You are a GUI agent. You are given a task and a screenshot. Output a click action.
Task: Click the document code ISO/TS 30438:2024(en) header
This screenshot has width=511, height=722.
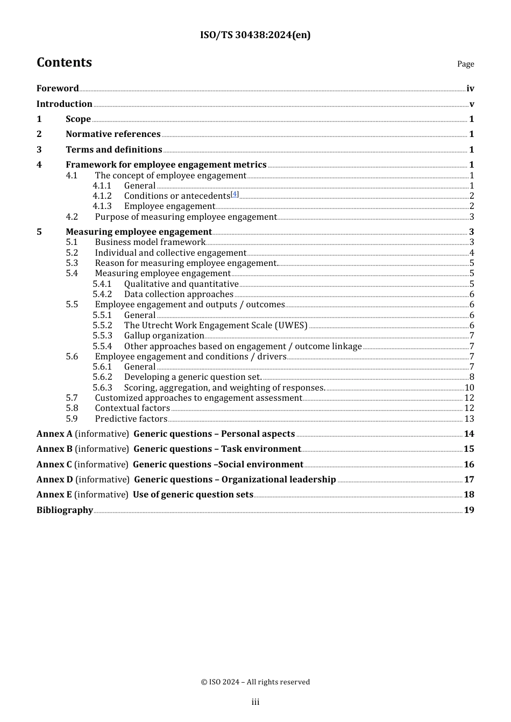coord(255,35)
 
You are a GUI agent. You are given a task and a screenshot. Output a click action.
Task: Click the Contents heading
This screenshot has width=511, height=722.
coord(64,62)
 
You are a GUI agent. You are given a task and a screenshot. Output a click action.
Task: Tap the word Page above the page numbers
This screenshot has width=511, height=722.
coord(465,64)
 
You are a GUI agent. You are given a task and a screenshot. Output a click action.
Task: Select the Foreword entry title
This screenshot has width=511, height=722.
coord(58,89)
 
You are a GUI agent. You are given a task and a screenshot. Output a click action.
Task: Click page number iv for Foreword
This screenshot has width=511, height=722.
coord(470,89)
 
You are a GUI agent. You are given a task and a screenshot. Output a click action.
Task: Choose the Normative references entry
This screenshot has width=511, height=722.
coord(113,134)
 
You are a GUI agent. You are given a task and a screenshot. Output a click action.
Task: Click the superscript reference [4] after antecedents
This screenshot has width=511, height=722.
coord(235,194)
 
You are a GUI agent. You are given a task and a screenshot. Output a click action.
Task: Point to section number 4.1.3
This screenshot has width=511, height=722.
coord(102,206)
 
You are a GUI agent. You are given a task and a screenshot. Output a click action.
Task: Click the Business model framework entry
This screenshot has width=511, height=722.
coord(150,242)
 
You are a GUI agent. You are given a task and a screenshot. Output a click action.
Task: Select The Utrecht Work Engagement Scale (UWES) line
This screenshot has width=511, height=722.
coord(215,326)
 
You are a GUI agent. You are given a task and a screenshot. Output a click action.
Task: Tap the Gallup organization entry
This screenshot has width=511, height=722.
coord(164,336)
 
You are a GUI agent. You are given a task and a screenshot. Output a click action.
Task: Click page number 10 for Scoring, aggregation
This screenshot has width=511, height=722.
coord(469,388)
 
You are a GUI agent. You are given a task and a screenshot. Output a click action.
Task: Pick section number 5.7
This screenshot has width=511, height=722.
coord(72,398)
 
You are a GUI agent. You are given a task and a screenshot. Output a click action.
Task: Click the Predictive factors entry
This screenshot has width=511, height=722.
coord(131,419)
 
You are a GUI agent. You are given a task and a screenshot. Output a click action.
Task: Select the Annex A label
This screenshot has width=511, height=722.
coord(54,434)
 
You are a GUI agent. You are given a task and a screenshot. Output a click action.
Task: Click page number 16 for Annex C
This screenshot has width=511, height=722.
coord(469,465)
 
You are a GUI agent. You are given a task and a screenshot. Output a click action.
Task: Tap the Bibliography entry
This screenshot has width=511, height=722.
coord(65,510)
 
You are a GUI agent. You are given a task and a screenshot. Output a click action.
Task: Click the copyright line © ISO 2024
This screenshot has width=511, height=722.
coord(255,682)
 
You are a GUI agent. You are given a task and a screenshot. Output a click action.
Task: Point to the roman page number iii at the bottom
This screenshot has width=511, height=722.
coord(255,702)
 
